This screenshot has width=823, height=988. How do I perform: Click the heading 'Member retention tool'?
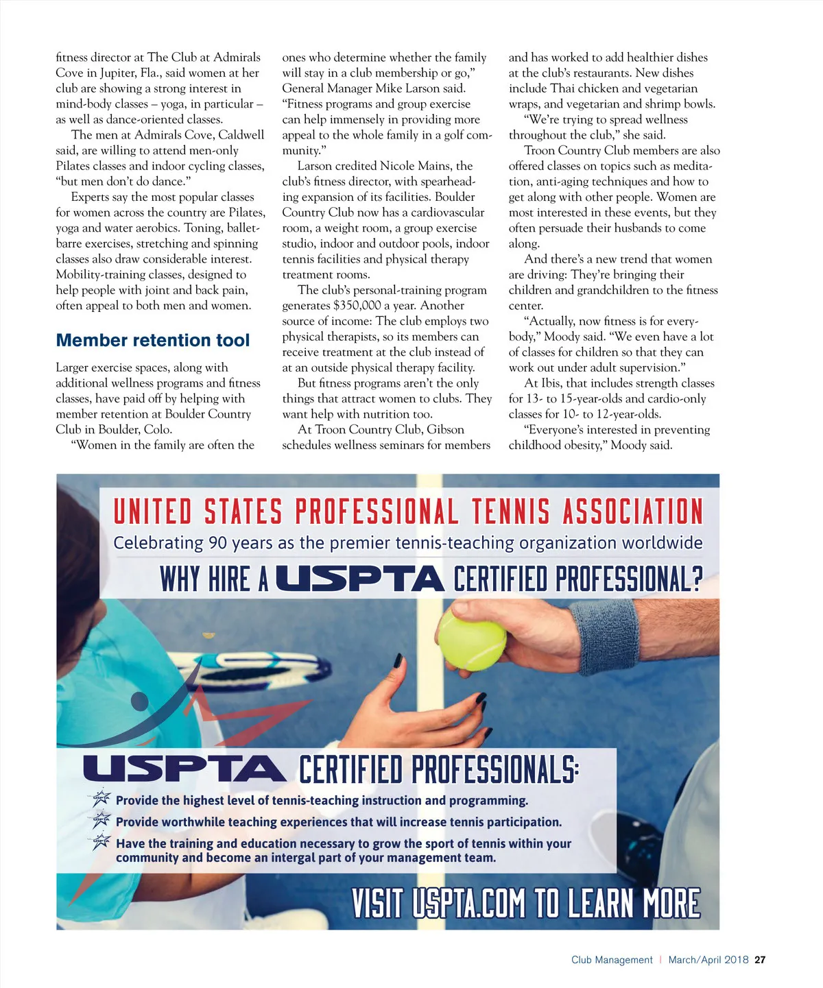pos(152,341)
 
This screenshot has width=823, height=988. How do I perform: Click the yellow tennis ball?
pos(471,640)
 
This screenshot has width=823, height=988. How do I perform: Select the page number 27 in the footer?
pos(760,960)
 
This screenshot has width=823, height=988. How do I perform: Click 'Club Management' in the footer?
pos(612,960)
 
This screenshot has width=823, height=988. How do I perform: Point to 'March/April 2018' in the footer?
pos(708,960)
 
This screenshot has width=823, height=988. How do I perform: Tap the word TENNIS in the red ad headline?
pos(510,512)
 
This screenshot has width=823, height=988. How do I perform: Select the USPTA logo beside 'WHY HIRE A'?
pos(361,579)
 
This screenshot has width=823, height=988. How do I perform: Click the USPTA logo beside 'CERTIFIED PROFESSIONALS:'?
pos(184,769)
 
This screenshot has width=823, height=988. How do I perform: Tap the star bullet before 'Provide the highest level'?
pos(102,798)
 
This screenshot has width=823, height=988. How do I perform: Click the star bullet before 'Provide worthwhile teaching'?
pos(102,820)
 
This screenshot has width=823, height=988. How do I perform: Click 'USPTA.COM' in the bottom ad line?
pos(469,903)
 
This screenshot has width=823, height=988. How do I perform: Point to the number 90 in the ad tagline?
pos(218,543)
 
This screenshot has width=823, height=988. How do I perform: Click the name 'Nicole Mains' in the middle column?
pos(416,166)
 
